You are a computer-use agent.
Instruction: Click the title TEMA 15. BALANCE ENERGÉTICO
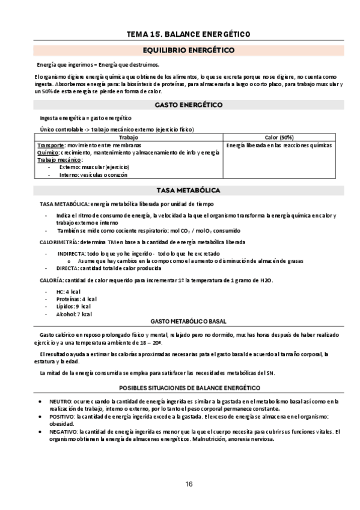189,34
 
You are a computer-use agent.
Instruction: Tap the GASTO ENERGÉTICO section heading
189,105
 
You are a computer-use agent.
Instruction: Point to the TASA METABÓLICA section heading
189,190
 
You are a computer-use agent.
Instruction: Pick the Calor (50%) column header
279,137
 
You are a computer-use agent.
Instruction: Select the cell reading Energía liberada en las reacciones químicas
279,145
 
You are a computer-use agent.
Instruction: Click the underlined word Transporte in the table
51,146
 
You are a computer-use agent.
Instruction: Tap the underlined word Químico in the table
48,152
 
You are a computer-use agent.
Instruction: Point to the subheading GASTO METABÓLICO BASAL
189,322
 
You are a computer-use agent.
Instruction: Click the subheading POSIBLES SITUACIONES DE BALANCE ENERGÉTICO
189,388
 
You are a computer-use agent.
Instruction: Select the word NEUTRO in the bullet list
60,401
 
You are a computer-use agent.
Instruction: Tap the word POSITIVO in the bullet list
63,416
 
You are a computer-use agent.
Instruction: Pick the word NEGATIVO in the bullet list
64,431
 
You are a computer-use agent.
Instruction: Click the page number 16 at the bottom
189,485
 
